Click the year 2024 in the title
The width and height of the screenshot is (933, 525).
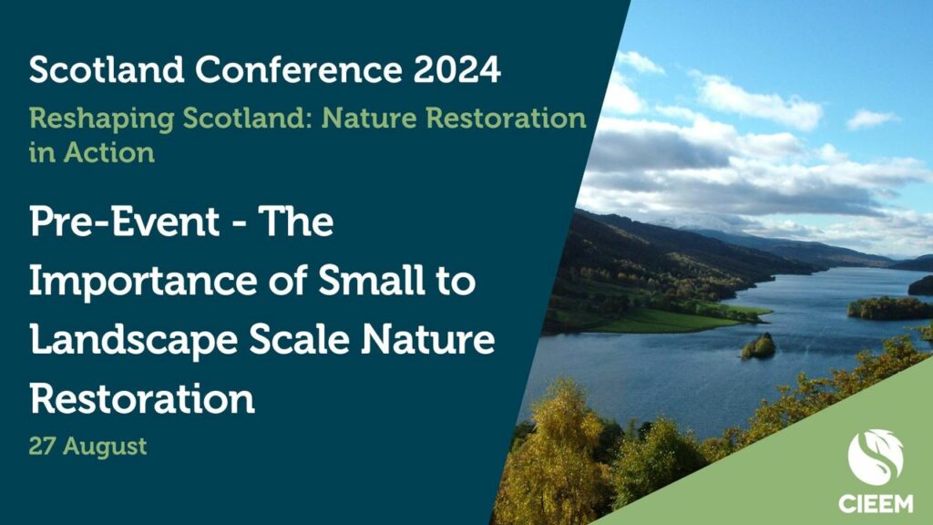pyautogui.click(x=457, y=69)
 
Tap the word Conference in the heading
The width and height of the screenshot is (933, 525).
pyautogui.click(x=299, y=69)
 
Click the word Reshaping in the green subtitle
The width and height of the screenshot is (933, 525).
pyautogui.click(x=101, y=119)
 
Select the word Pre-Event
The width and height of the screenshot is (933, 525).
pyautogui.click(x=124, y=221)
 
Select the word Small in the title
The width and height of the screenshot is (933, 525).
pyautogui.click(x=372, y=280)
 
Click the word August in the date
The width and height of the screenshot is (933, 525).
pyautogui.click(x=105, y=447)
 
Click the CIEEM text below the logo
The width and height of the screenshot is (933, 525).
pyautogui.click(x=876, y=503)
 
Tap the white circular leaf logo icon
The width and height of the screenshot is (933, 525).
pyautogui.click(x=876, y=457)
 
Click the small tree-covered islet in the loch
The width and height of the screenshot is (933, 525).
pyautogui.click(x=759, y=346)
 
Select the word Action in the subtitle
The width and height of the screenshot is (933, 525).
pyautogui.click(x=109, y=153)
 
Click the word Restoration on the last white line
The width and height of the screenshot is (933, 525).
pyautogui.click(x=142, y=399)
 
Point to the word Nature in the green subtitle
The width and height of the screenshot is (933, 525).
pyautogui.click(x=369, y=118)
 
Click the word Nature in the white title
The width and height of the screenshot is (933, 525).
pyautogui.click(x=428, y=339)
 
